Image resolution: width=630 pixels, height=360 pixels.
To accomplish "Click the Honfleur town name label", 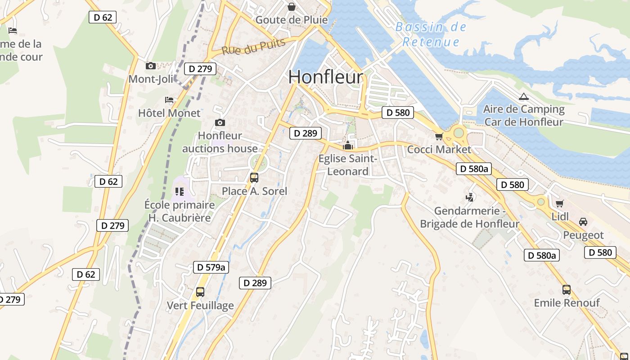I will pos(325,77).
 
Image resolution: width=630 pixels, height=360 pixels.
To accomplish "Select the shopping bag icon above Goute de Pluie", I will pos(292,7).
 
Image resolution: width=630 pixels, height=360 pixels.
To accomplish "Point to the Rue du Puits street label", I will pos(254,46).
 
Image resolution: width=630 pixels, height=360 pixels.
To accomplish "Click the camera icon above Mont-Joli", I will pos(151,66).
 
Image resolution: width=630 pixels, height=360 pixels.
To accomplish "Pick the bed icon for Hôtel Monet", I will pos(169,99).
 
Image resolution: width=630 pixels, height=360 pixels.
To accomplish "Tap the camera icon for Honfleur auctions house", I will pos(220,122).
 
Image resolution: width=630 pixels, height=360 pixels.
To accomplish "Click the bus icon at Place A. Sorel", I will pos(254,178).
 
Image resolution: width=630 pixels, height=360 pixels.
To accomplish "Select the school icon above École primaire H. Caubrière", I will pos(180,192).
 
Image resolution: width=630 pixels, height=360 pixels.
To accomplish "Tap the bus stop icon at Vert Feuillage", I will pos(200,292).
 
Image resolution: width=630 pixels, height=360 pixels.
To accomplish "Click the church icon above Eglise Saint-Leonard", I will pos(347,145).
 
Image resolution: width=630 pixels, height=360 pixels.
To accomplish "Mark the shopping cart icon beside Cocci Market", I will pos(439,136).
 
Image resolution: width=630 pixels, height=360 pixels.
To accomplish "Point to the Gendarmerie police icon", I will pos(470,197).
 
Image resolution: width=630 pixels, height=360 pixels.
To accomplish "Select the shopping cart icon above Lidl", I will pos(560,203).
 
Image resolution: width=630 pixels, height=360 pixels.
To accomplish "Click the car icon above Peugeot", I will pos(583,222).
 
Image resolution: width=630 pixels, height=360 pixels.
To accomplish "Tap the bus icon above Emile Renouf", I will pos(567,290).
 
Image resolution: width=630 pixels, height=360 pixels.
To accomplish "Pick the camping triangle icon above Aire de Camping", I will pos(523,96).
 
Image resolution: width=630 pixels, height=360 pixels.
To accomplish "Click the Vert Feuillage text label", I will pos(200,306).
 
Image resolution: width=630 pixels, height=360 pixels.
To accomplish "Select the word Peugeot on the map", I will pos(583,235).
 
